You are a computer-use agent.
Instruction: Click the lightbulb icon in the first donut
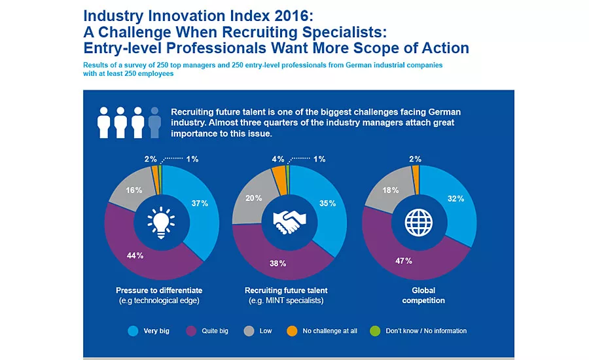tap(160, 221)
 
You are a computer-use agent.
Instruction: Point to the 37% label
tap(200, 203)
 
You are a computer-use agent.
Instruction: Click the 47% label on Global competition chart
tap(403, 261)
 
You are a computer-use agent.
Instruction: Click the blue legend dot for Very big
tap(132, 331)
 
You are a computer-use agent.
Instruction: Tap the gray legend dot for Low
tap(248, 331)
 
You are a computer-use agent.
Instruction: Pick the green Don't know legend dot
tap(374, 331)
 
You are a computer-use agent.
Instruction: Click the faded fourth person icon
tap(154, 122)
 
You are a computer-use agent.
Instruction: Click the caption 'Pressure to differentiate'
tap(160, 290)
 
